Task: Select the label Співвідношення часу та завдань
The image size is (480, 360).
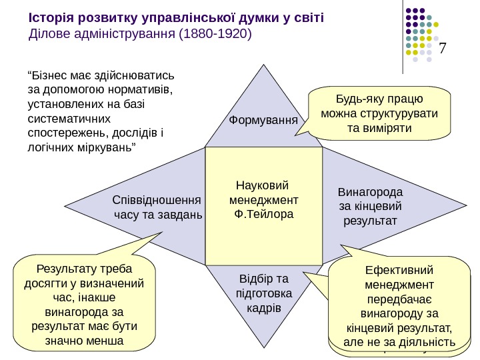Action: pyautogui.click(x=157, y=207)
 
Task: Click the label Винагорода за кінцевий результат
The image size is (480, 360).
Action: pyautogui.click(x=371, y=206)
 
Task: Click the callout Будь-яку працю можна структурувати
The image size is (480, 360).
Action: pyautogui.click(x=379, y=113)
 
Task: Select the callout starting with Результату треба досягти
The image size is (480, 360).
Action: pyautogui.click(x=83, y=305)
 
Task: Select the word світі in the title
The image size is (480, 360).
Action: pyautogui.click(x=309, y=16)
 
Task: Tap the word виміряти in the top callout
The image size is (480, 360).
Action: pyautogui.click(x=380, y=127)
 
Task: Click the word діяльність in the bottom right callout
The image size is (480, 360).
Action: pyautogui.click(x=426, y=342)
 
